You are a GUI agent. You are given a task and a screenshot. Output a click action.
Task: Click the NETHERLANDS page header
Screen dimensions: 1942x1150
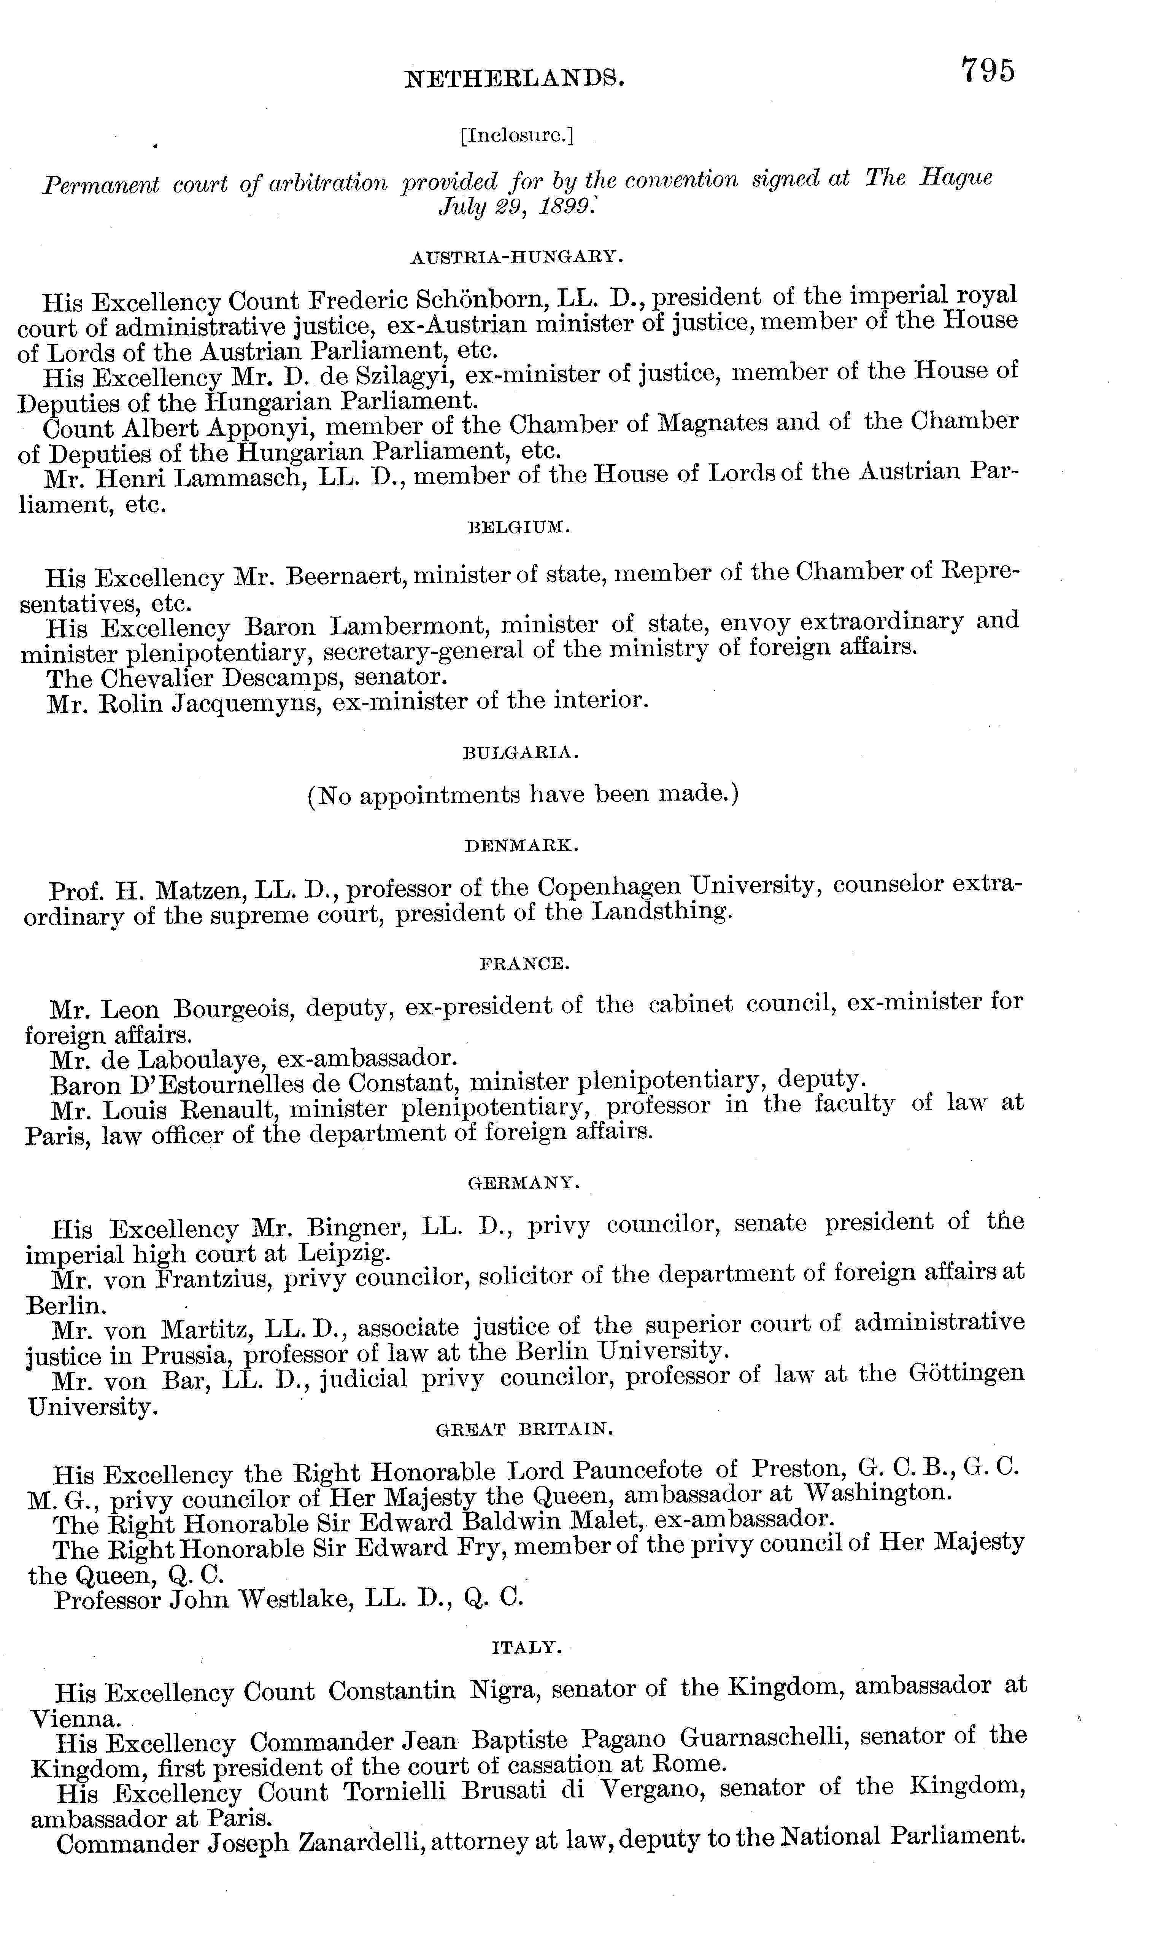point(515,78)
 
